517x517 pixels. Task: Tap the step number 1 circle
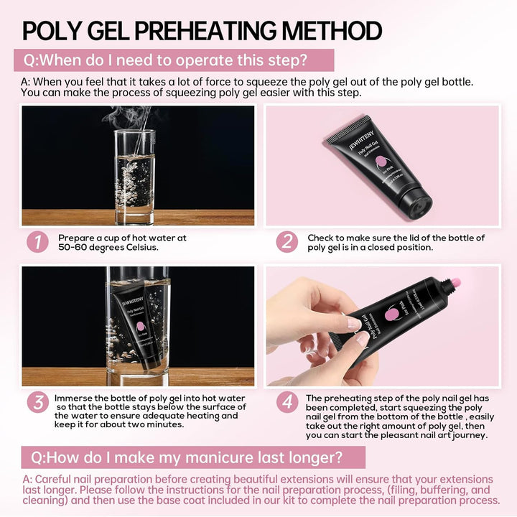[37, 242]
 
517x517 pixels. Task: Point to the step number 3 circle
[37, 402]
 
